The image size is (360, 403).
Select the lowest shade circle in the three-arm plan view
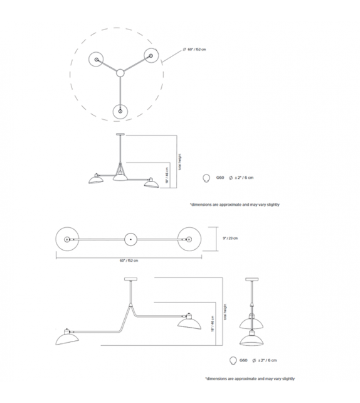(119, 110)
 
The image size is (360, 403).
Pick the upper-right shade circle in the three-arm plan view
(151, 55)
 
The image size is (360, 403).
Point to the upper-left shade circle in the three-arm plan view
(97, 59)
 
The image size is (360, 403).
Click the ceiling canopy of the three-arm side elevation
(120, 135)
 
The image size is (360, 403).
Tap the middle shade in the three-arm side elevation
(120, 178)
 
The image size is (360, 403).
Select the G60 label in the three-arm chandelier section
(220, 178)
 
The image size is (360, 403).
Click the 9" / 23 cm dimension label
(230, 238)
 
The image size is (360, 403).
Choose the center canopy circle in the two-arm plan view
(129, 239)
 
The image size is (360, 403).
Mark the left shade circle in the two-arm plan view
(66, 239)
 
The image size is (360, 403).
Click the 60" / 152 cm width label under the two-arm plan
(129, 260)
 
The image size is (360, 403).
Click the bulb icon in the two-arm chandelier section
(234, 361)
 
